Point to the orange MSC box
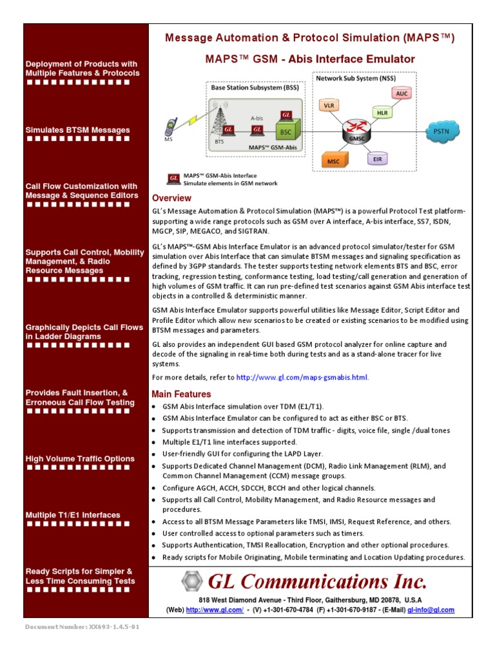(x=333, y=160)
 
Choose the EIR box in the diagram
(x=376, y=158)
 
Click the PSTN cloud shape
(x=442, y=131)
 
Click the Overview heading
(x=171, y=198)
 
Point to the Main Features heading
(x=181, y=394)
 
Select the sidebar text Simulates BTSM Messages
(x=77, y=130)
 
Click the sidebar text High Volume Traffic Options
(x=80, y=459)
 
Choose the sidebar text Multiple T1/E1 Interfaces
(x=73, y=515)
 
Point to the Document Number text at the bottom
(x=82, y=626)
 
